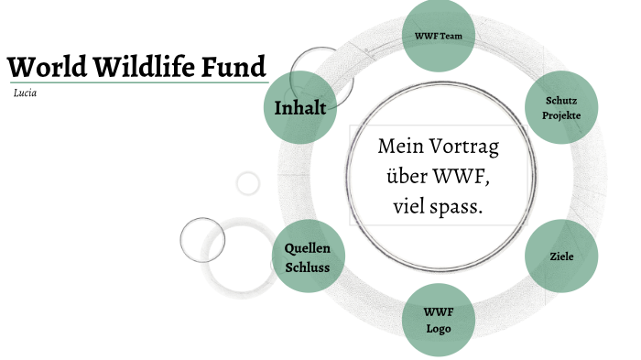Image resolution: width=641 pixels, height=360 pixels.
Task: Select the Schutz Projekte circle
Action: (560, 109)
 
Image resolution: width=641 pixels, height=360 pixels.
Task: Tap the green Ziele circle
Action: (561, 256)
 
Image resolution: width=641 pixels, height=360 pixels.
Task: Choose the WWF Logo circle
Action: (438, 320)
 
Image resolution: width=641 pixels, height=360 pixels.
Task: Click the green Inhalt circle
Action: (299, 108)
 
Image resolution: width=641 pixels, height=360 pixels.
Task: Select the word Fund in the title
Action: (235, 67)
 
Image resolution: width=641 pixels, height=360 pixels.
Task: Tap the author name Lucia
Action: (26, 93)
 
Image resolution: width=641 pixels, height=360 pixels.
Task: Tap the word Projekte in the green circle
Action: (560, 118)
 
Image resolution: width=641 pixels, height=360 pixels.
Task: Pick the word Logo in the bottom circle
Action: (438, 328)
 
